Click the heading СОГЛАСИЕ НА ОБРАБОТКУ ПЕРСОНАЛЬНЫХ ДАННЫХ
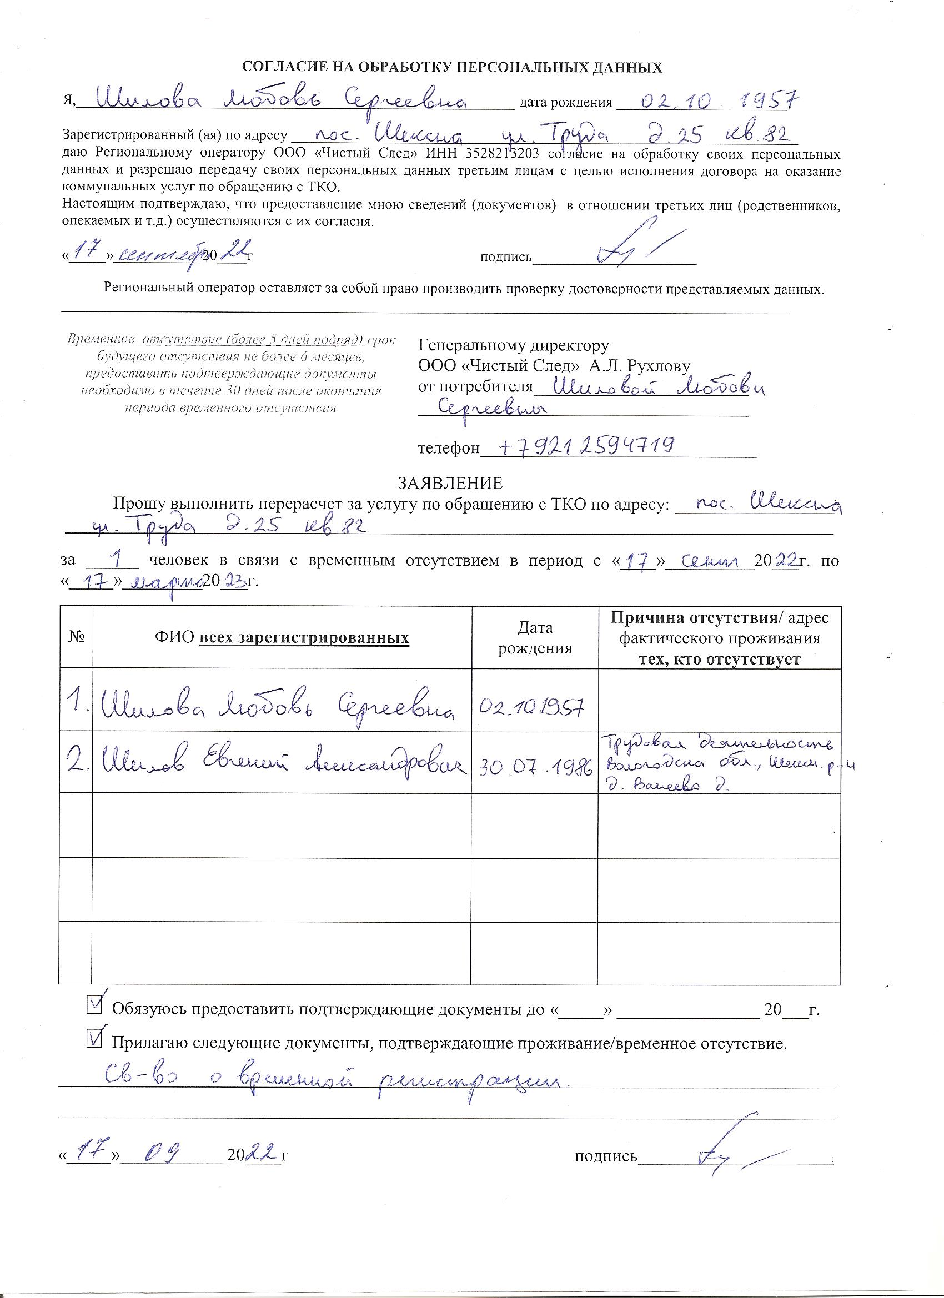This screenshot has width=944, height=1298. [452, 68]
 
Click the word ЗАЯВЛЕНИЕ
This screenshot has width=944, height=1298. [450, 484]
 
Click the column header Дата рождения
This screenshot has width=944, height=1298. [535, 638]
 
